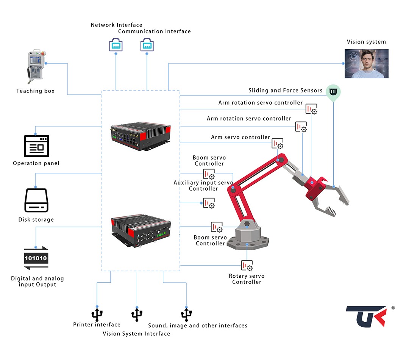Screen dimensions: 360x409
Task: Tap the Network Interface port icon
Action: pyautogui.click(x=116, y=44)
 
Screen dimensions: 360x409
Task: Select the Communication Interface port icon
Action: pyautogui.click(x=147, y=44)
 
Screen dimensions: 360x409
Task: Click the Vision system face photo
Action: pyautogui.click(x=366, y=64)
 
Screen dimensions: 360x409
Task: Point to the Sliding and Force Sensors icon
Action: pyautogui.click(x=333, y=92)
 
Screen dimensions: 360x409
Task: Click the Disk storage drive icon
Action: pyautogui.click(x=36, y=200)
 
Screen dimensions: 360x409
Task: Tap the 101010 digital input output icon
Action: pyautogui.click(x=36, y=258)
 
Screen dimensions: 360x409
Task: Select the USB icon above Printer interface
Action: pyautogui.click(x=97, y=314)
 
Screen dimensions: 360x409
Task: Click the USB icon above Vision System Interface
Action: pyautogui.click(x=137, y=314)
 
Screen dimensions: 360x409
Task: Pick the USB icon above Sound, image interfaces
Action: pyautogui.click(x=186, y=314)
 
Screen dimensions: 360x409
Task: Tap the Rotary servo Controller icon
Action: pyautogui.click(x=247, y=266)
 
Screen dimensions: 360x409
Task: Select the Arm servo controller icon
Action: pyautogui.click(x=277, y=144)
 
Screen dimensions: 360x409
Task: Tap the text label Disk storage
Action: pyautogui.click(x=36, y=220)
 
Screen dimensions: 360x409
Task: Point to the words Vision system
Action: pyautogui.click(x=366, y=42)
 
